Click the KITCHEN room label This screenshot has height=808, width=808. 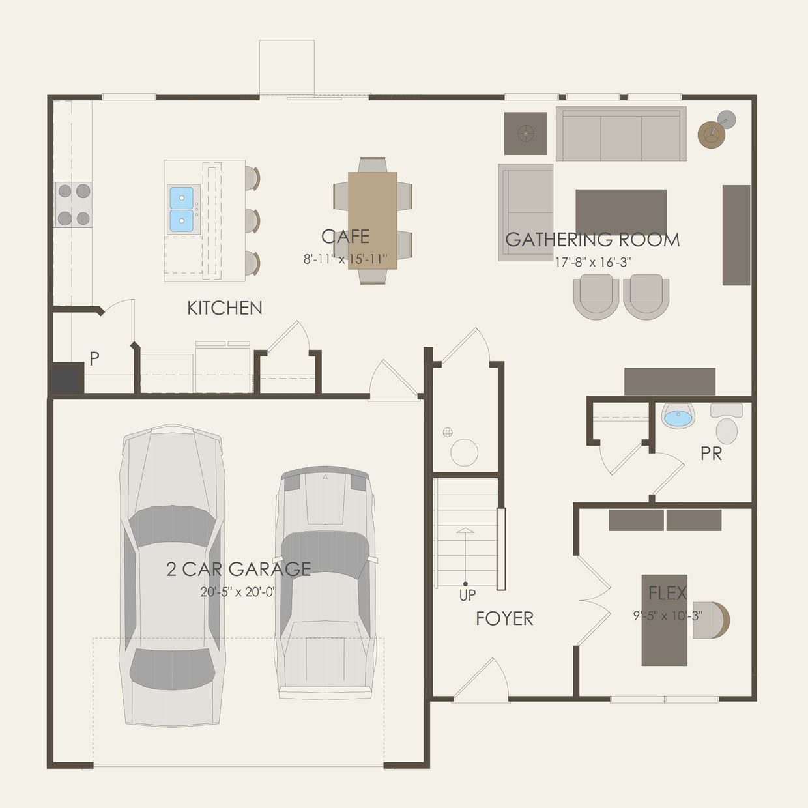[225, 308]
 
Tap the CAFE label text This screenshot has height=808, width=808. [345, 237]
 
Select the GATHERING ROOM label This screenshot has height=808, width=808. [592, 240]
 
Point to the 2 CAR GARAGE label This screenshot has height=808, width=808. [238, 569]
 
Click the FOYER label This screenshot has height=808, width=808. [504, 618]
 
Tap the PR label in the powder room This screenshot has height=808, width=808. [711, 454]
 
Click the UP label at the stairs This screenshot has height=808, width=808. [467, 595]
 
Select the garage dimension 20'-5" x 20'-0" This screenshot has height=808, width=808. [238, 592]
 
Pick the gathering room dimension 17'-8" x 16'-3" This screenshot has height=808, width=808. [592, 262]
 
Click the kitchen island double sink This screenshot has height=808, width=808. [181, 209]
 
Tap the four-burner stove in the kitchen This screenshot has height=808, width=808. [74, 205]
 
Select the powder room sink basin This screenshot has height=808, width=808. [678, 417]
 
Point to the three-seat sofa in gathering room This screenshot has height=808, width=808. [621, 134]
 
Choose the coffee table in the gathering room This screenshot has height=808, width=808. [621, 212]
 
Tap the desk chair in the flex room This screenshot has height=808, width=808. [714, 620]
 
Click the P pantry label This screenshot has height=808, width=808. [94, 358]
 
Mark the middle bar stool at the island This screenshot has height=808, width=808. [252, 220]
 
